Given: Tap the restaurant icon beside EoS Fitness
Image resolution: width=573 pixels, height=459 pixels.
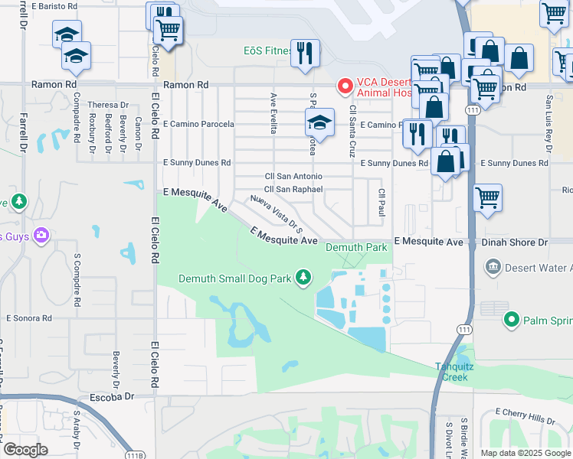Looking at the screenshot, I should click(x=305, y=53).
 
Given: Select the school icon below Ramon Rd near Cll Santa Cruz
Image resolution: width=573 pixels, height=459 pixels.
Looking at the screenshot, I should click(x=320, y=122).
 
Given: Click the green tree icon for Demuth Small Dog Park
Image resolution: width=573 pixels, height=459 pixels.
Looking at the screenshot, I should click(x=304, y=277).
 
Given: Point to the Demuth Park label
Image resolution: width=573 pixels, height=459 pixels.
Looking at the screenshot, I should click(x=356, y=248).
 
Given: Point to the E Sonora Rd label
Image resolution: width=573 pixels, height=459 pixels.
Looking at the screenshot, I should click(x=33, y=317).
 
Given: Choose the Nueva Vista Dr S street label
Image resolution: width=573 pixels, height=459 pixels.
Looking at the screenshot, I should click(x=277, y=214).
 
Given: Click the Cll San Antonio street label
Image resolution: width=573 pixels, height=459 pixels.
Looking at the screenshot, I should click(x=293, y=177).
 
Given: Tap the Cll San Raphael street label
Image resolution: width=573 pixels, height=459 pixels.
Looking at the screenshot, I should click(x=293, y=189).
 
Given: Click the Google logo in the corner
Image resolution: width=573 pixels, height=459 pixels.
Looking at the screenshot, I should click(x=25, y=449).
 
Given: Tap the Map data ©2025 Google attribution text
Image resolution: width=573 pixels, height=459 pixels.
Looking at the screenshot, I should click(x=526, y=453).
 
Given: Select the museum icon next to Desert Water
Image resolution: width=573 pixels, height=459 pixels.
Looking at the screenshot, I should click(x=493, y=267).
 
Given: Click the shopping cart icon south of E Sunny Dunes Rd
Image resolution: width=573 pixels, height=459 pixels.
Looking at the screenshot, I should click(x=487, y=197).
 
